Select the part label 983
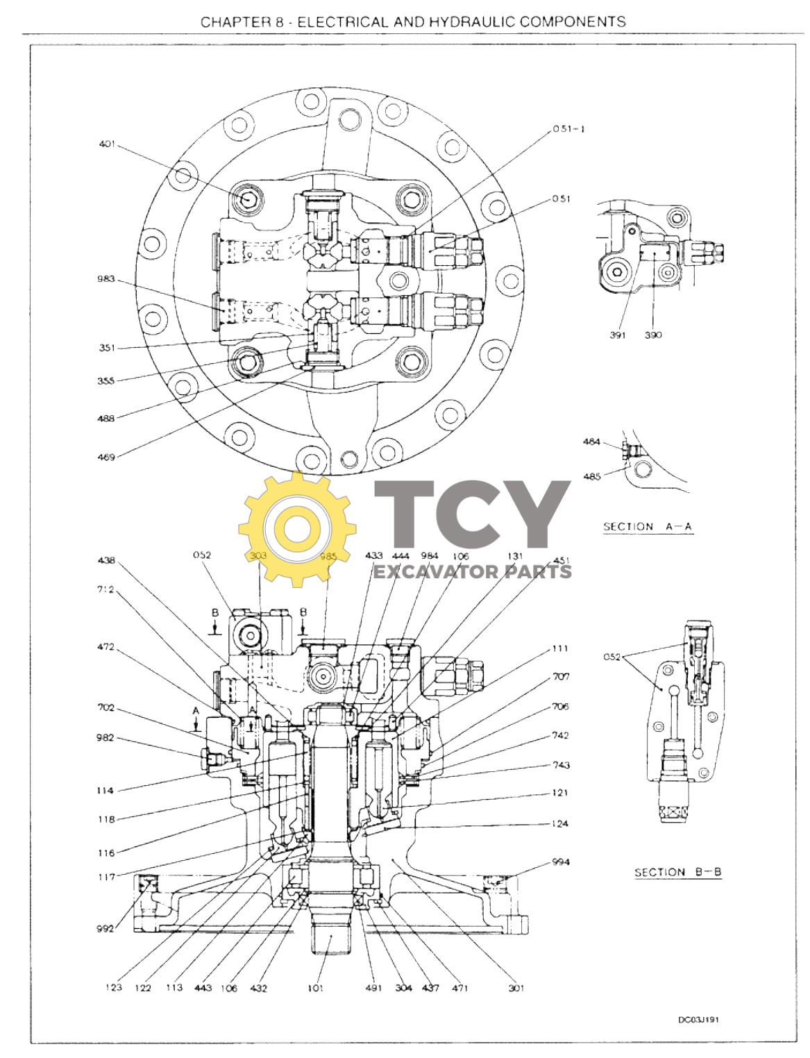click(106, 279)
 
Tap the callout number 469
click(106, 457)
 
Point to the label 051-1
click(568, 129)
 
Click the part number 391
click(617, 335)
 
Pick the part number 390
click(652, 335)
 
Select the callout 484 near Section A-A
click(591, 442)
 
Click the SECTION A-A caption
click(648, 526)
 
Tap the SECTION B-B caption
click(678, 872)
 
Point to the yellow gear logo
click(297, 530)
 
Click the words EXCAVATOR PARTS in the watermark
click(473, 571)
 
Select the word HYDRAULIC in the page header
click(472, 22)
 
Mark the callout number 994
click(561, 862)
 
